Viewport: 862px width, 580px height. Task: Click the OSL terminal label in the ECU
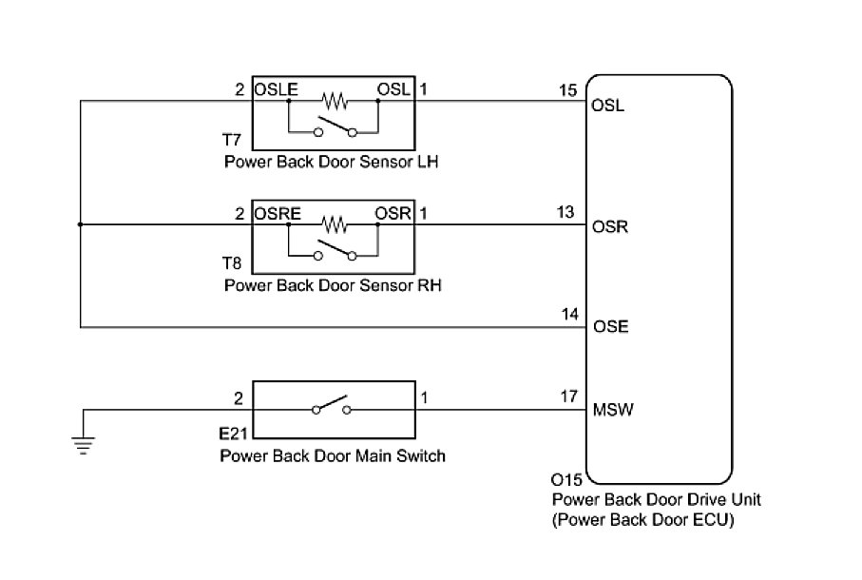(608, 106)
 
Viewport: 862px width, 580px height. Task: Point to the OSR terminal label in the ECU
(609, 228)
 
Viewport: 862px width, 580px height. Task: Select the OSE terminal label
(609, 326)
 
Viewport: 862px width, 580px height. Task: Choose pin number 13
(566, 213)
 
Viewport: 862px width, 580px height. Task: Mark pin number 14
(570, 313)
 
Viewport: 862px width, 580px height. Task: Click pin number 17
(568, 396)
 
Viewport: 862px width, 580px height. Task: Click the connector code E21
(234, 434)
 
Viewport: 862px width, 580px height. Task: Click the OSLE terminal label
(277, 90)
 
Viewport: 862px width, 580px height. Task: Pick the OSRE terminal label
(278, 214)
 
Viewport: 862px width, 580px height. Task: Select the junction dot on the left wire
(80, 225)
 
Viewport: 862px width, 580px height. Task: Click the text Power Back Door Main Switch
(332, 455)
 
